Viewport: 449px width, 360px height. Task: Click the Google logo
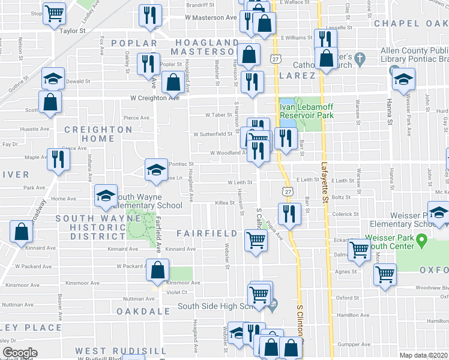(x=20, y=353)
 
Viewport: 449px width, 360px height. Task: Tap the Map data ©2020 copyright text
(x=424, y=355)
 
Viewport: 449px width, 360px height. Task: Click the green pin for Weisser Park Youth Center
(x=421, y=242)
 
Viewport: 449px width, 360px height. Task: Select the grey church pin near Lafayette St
(x=360, y=59)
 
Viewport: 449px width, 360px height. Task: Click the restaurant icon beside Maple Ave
(x=58, y=159)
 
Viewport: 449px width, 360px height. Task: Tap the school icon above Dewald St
(x=53, y=78)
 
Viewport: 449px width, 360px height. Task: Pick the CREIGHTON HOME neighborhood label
(x=90, y=134)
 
